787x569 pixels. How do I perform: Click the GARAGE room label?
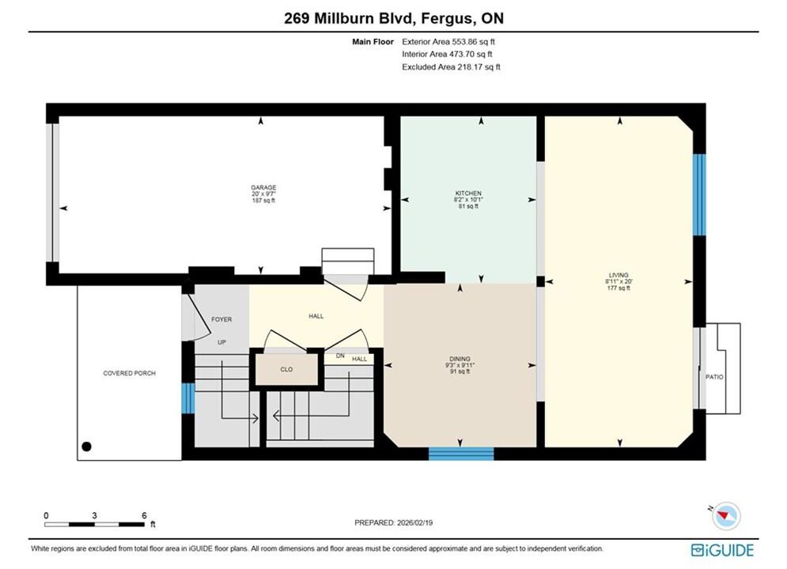[263, 187]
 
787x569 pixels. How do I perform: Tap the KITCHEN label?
[468, 193]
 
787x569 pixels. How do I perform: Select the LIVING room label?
[619, 275]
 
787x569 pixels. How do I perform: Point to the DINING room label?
[460, 359]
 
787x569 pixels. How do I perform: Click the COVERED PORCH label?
[130, 374]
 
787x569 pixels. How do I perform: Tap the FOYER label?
[221, 319]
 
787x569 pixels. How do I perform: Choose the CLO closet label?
[286, 370]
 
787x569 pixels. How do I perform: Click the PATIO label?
[714, 377]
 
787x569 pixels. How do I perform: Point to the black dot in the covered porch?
[87, 447]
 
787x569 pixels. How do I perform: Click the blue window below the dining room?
[461, 454]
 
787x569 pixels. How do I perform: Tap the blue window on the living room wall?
[699, 194]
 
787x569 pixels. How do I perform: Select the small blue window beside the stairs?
[187, 398]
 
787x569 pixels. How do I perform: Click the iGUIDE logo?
[722, 550]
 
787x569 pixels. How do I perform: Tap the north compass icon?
[725, 515]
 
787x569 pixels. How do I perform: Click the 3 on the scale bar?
[94, 515]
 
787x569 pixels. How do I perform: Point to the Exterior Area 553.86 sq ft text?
[448, 42]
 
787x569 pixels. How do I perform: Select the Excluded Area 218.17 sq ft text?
[451, 66]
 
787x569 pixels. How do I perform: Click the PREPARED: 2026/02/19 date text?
[394, 522]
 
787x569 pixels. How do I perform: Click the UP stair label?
[221, 342]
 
